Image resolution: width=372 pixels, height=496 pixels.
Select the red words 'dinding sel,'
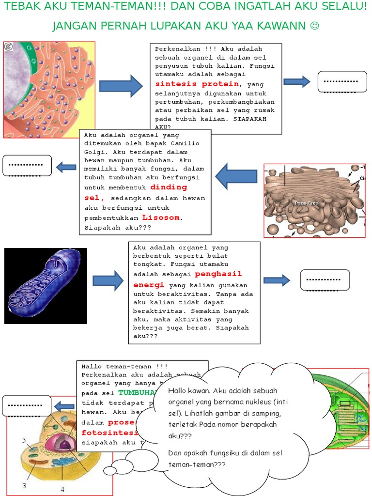(x=136, y=192)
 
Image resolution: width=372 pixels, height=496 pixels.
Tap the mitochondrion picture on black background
(x=46, y=286)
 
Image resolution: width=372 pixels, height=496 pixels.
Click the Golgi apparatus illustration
(x=314, y=201)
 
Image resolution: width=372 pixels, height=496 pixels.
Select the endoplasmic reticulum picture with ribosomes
(x=49, y=90)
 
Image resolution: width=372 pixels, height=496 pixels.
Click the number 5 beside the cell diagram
(x=23, y=440)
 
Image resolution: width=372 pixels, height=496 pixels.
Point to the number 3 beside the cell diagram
(x=23, y=485)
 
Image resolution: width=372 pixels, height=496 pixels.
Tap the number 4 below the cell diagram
(x=62, y=489)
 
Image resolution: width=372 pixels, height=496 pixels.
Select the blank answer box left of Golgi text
(x=27, y=166)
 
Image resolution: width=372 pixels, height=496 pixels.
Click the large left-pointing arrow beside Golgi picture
(x=236, y=176)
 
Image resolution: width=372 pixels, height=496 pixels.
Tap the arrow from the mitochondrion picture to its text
(x=108, y=280)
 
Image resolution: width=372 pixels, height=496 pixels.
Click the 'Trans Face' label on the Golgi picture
(x=305, y=203)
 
